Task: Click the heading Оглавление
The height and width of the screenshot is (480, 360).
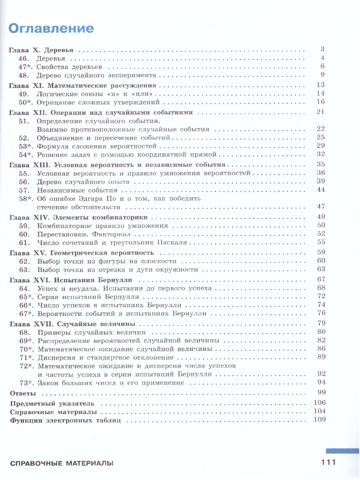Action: pos(51,28)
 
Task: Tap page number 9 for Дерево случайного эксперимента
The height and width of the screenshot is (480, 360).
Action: pos(322,74)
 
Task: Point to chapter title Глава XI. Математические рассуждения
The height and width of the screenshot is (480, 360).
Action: pos(82,85)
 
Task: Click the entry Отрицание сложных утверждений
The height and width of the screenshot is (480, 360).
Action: pos(97,102)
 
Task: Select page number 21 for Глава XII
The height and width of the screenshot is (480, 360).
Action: pos(320,112)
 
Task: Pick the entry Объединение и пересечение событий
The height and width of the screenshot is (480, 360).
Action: pos(104,138)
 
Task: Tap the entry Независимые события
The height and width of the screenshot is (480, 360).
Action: pos(71,190)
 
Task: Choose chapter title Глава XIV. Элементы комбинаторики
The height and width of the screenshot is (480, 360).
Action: pos(78,217)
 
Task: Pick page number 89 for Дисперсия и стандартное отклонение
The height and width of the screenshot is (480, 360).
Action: pos(321,357)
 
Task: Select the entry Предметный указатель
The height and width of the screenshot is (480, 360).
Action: pos(52,403)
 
